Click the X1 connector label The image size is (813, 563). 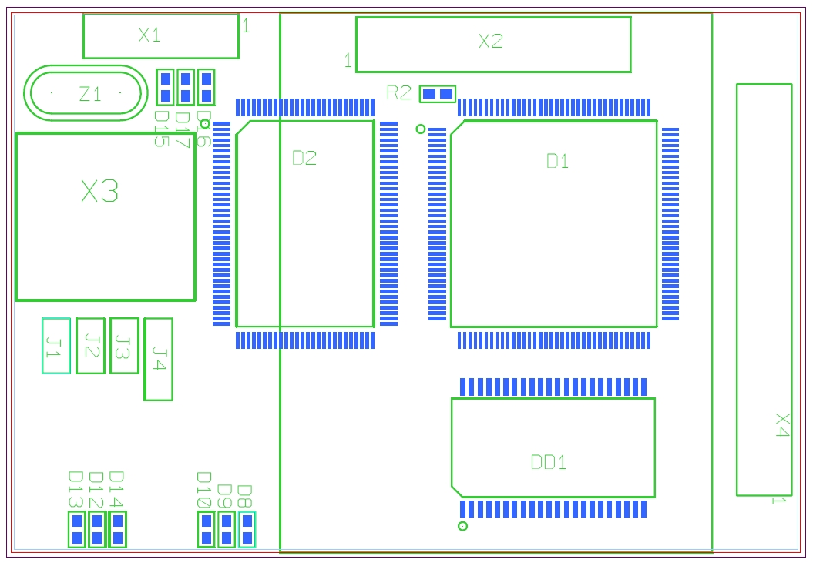[x=149, y=35]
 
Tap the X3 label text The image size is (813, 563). [x=100, y=191]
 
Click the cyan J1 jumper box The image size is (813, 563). [x=56, y=346]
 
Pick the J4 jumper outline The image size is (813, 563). [x=158, y=359]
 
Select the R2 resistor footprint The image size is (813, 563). [x=438, y=94]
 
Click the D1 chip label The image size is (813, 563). [x=557, y=161]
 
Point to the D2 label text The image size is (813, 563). [x=304, y=159]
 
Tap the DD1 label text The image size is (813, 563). [x=549, y=462]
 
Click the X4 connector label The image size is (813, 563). [x=782, y=425]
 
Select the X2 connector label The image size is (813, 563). [x=491, y=42]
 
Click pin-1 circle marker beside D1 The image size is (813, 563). [x=421, y=129]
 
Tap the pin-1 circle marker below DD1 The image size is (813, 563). [x=462, y=526]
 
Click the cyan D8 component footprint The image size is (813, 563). [x=247, y=529]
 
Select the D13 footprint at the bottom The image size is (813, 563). [x=76, y=529]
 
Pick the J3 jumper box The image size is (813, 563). [x=124, y=346]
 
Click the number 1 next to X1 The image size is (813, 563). [x=246, y=27]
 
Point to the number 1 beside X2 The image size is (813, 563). [x=348, y=60]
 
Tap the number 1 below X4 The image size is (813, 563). [x=778, y=501]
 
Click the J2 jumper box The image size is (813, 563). [x=90, y=346]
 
